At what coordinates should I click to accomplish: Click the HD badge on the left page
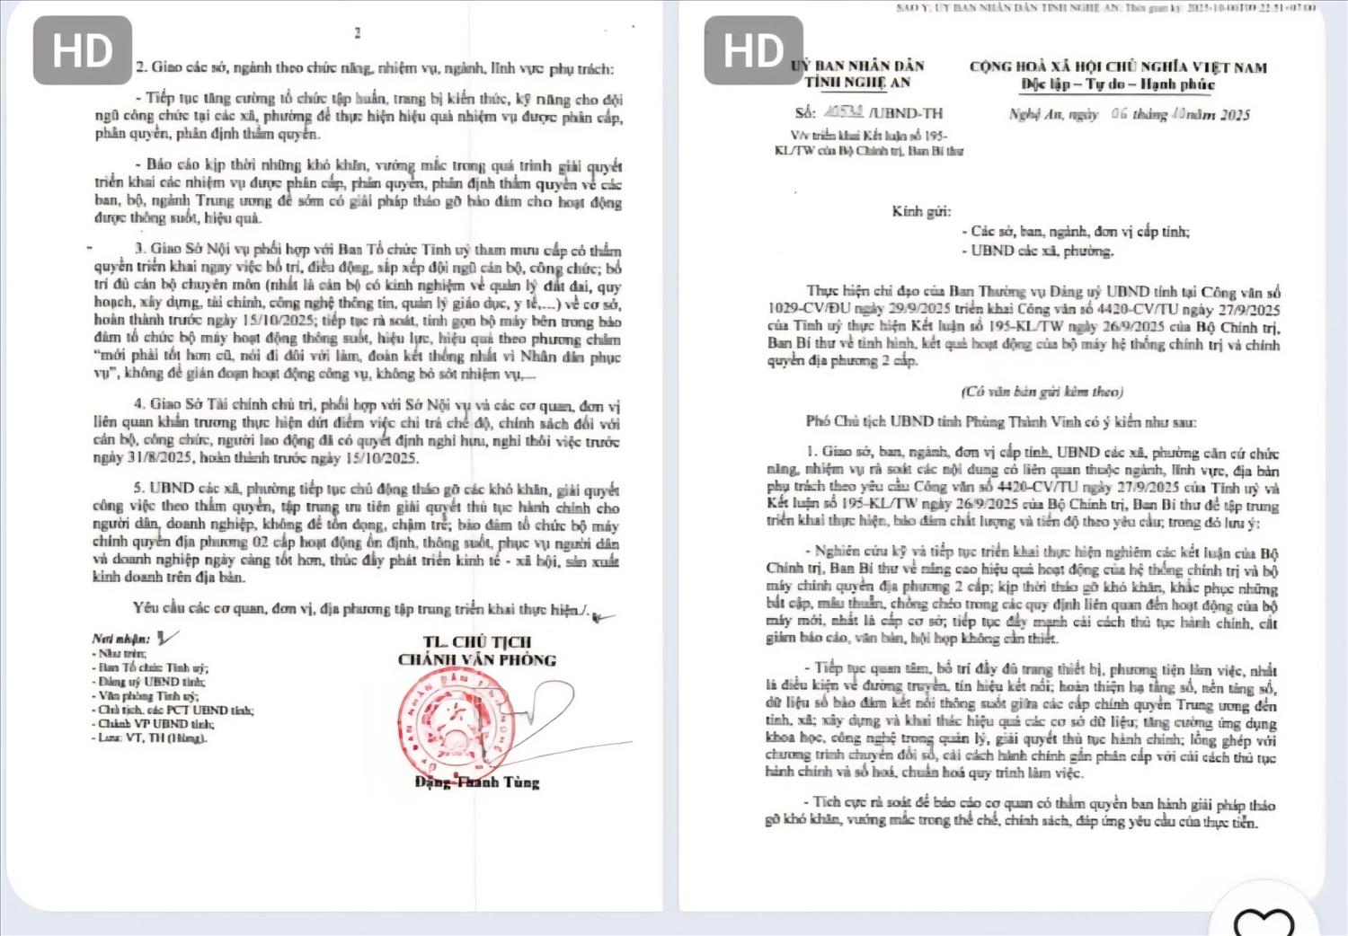coord(83,50)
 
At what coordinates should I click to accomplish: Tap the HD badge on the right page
coord(753,50)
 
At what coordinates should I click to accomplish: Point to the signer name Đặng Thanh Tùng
coord(477,781)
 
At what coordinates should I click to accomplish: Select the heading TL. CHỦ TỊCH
coord(477,641)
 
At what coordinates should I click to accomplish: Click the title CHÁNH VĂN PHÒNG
coord(477,660)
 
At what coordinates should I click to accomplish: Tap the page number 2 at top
coord(358,33)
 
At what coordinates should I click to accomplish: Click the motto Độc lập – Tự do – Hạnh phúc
coord(1117,84)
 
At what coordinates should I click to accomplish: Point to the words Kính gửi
coord(921,212)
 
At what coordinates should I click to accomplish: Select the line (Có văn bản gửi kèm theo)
coord(1042,392)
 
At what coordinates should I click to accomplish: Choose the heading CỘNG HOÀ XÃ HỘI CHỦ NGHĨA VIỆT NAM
coord(1118,66)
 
